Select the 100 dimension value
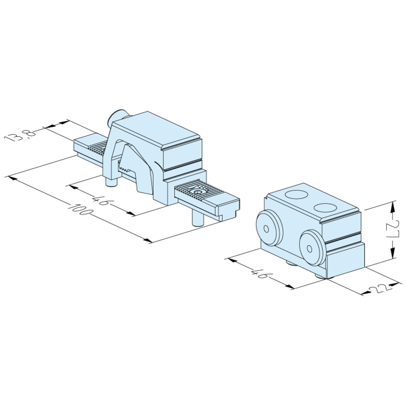[77, 209]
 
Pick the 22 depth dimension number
[379, 289]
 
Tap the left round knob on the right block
[267, 226]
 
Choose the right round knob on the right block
[310, 247]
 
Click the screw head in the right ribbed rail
[198, 192]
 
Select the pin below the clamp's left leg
[110, 182]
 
